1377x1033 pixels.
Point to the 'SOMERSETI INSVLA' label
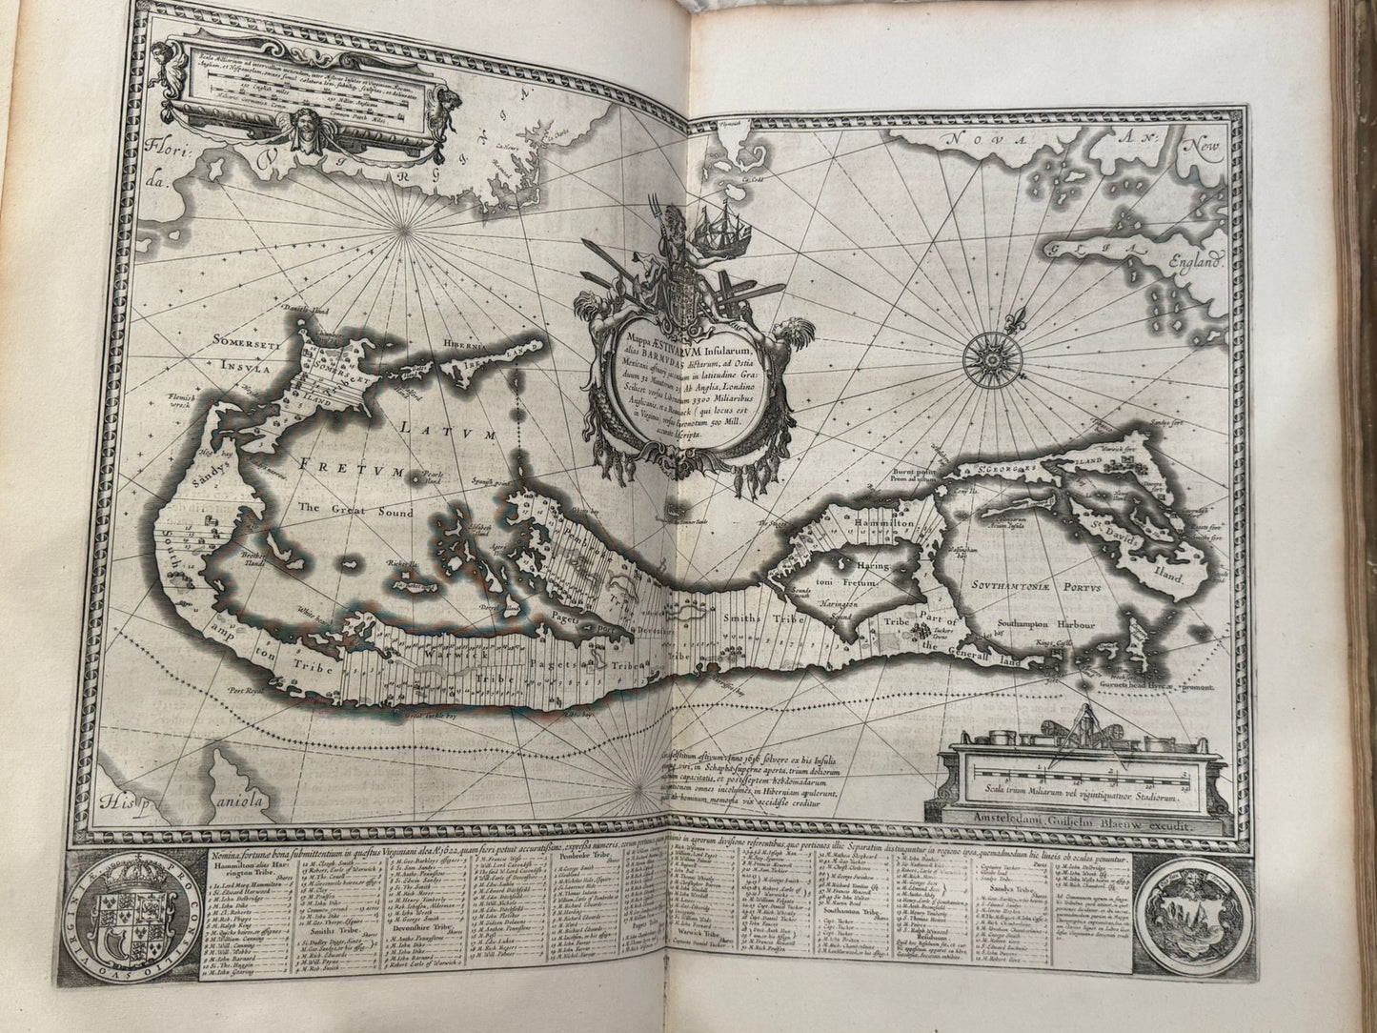point(229,354)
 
